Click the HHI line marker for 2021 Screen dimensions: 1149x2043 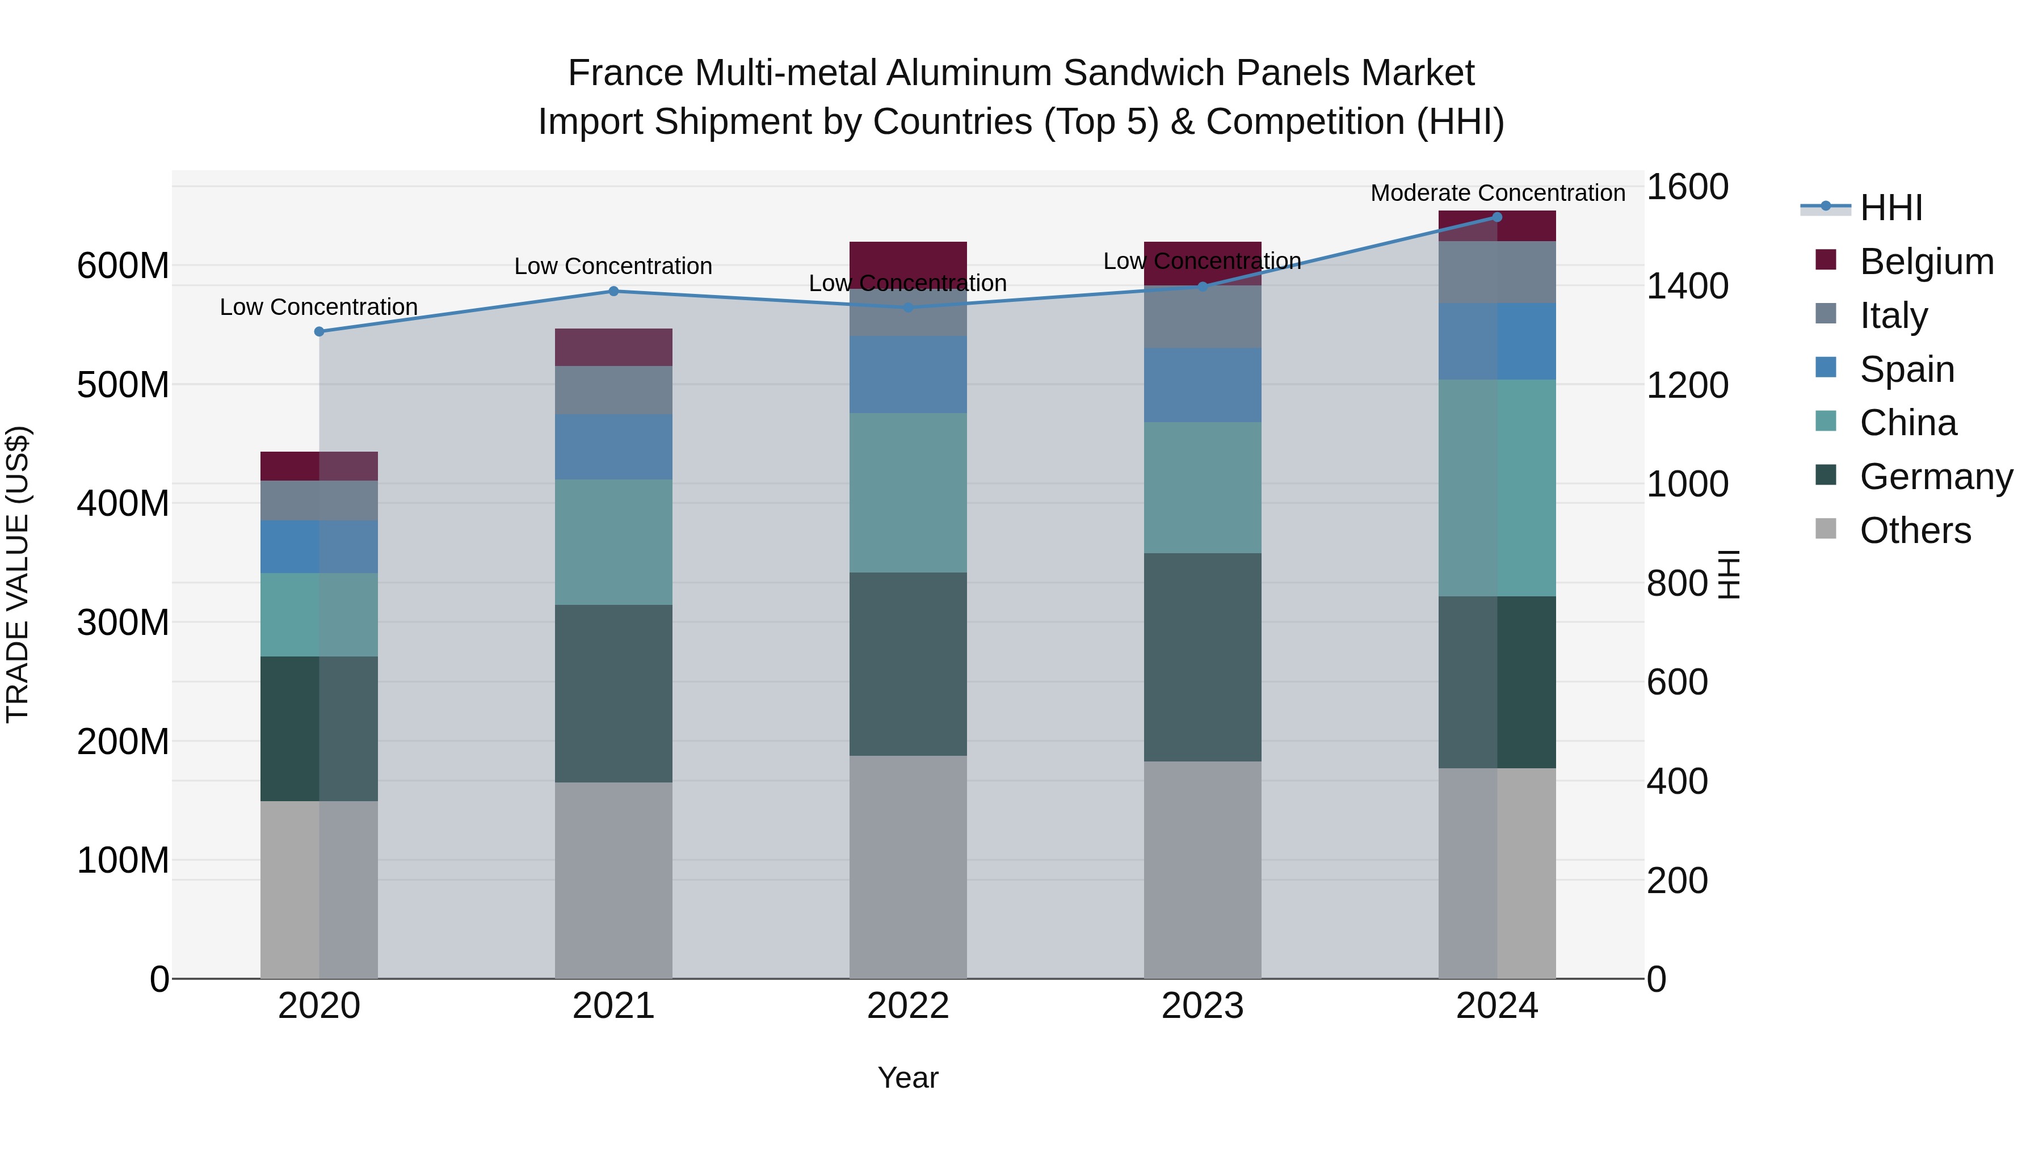613,291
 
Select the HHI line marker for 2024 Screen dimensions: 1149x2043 1496,217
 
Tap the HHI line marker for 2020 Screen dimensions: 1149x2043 319,331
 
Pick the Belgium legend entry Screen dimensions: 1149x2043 1926,262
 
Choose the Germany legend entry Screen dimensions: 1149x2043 1935,477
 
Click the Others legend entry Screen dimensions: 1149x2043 1915,531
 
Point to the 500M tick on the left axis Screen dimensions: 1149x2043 123,385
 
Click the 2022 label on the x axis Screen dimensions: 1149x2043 907,1006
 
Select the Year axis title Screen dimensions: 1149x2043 907,1078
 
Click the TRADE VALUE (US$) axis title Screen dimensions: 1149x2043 18,574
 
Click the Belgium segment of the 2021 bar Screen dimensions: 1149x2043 613,347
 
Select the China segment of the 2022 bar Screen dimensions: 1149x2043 907,493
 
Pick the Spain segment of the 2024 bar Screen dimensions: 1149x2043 1496,341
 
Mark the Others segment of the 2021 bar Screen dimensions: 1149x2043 613,879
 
